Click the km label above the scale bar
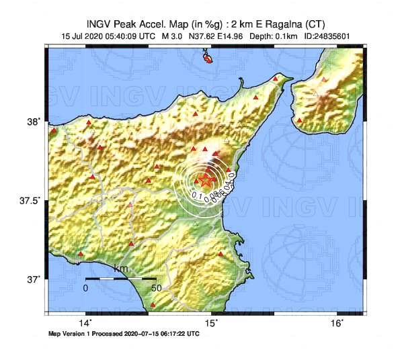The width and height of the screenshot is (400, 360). coord(121,269)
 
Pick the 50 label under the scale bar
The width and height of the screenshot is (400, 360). coord(156,287)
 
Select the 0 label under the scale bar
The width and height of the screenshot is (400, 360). coord(86,287)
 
